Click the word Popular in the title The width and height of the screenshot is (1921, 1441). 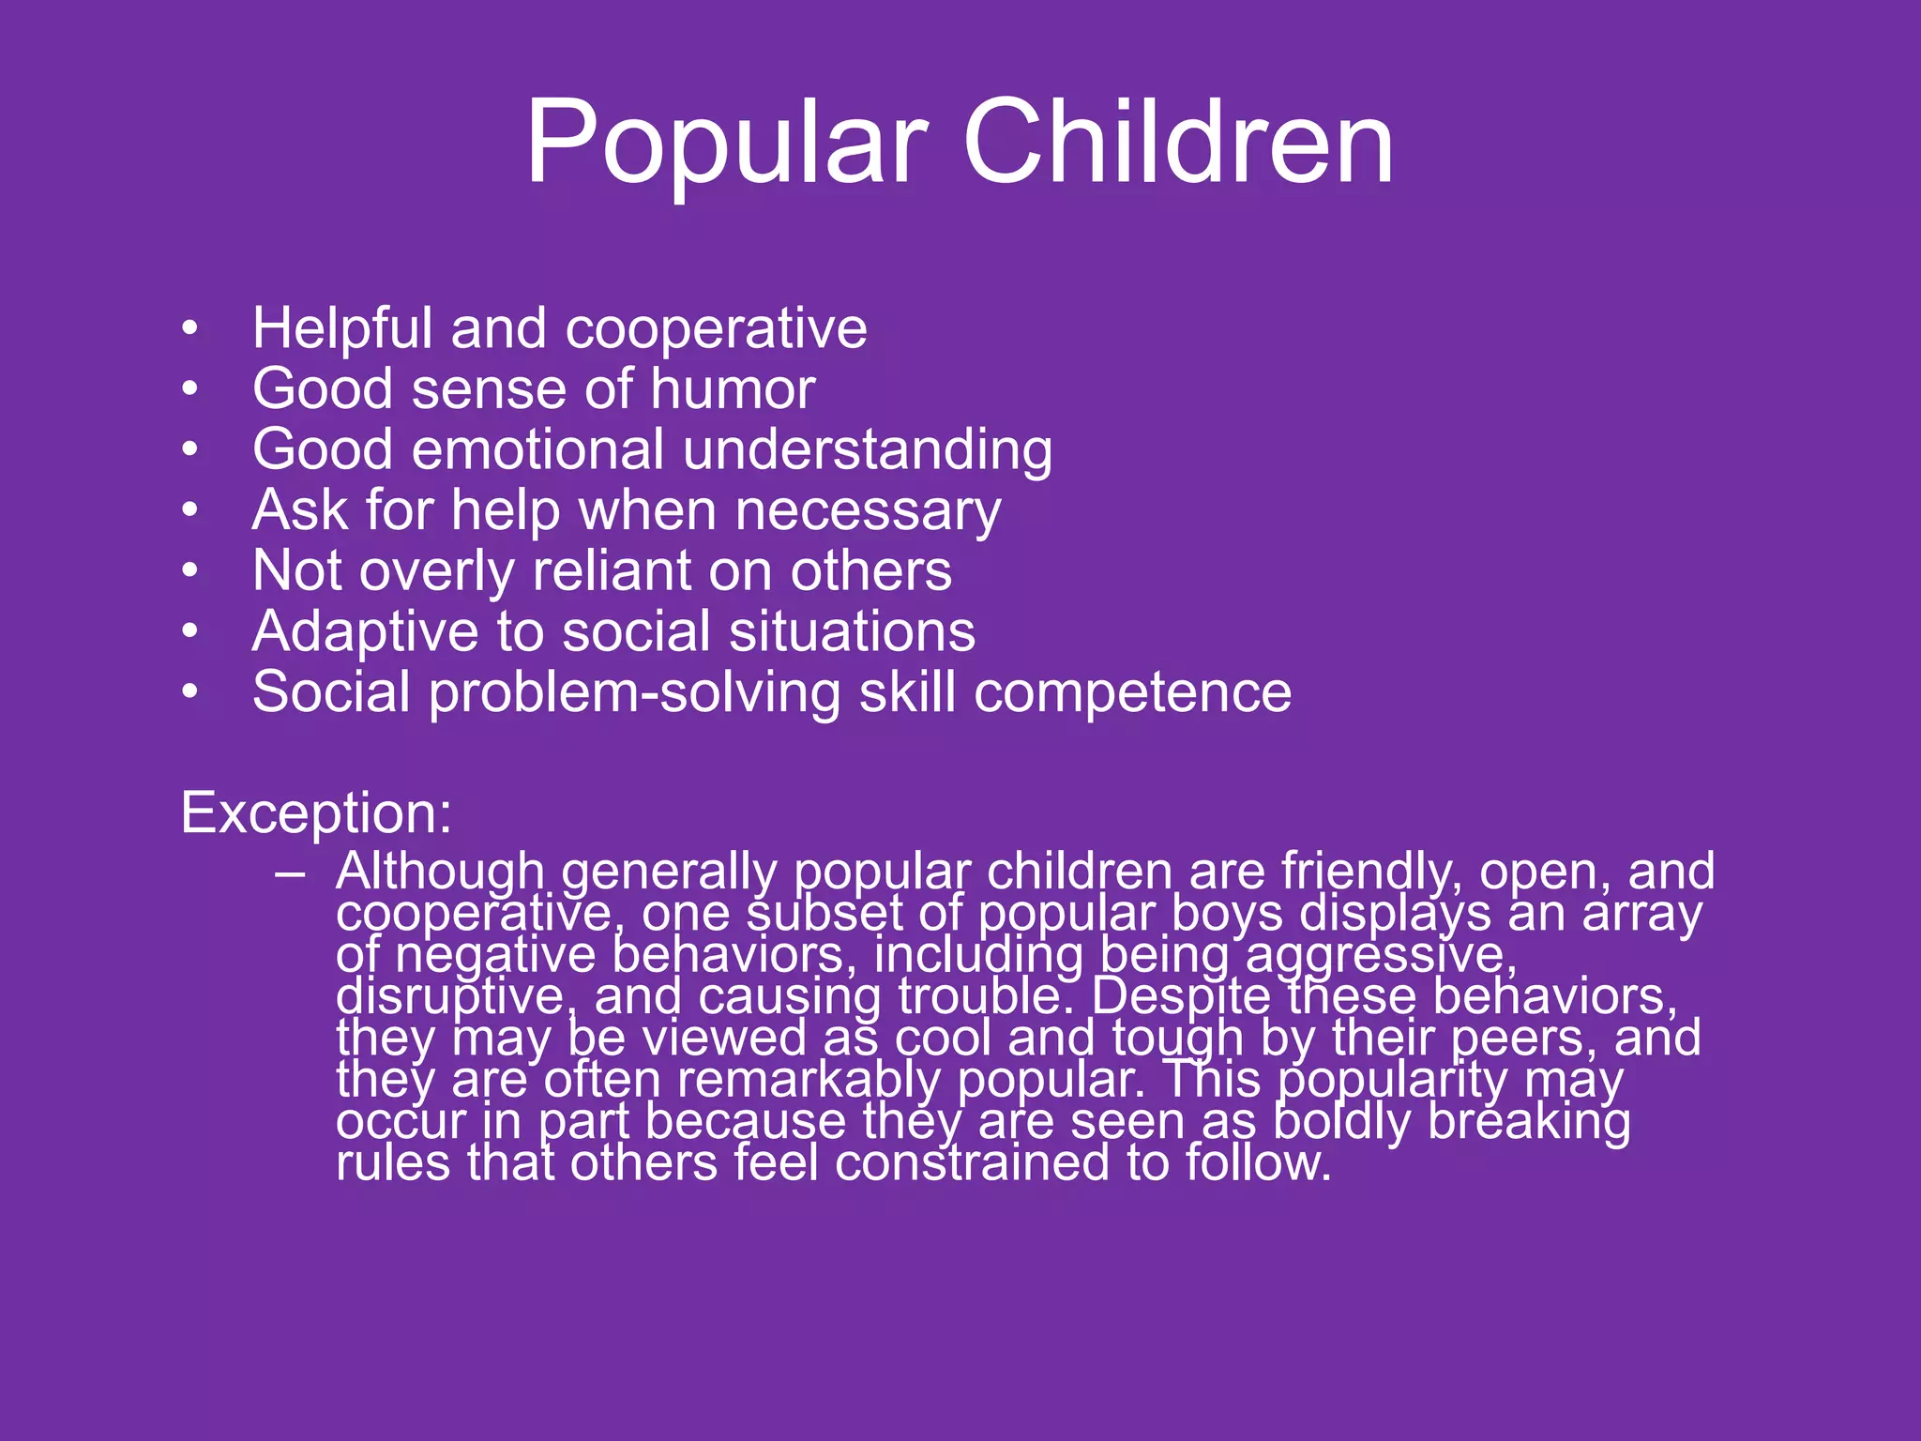coord(727,143)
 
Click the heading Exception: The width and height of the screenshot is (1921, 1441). coord(316,812)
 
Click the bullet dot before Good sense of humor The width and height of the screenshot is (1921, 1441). coord(190,388)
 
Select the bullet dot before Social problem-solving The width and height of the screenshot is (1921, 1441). coord(190,692)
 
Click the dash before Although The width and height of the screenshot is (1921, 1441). coord(290,872)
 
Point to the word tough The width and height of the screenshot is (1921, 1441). coord(1178,1039)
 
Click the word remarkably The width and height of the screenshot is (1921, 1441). coord(808,1080)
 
